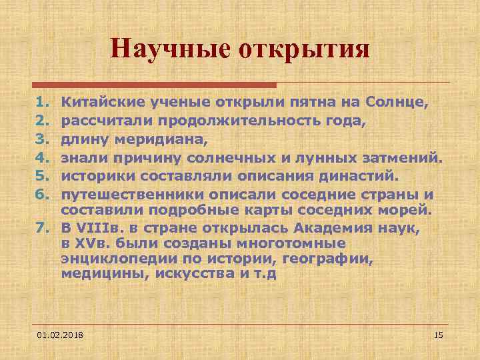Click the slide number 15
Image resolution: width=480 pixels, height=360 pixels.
click(x=438, y=333)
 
